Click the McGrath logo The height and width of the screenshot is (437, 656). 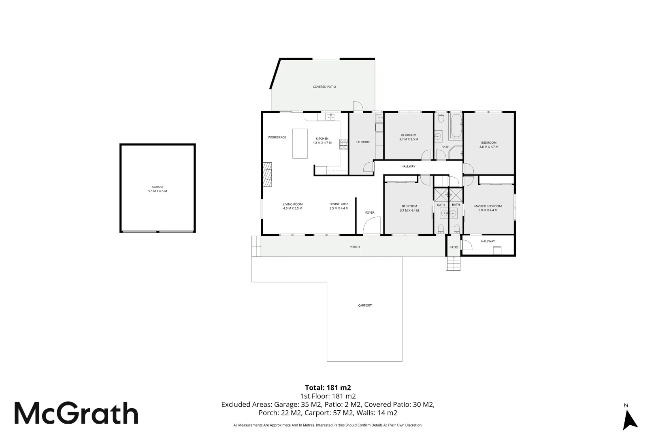(76, 413)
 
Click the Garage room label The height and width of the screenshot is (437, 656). (158, 187)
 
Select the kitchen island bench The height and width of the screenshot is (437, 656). (300, 143)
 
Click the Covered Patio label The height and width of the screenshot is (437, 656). (324, 87)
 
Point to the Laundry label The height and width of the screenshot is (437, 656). (362, 142)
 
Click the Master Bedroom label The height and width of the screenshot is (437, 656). (488, 206)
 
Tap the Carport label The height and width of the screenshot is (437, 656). (364, 305)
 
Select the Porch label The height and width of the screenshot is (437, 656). (354, 247)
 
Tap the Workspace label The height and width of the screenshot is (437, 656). (277, 138)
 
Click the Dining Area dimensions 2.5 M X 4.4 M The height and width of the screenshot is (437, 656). (339, 208)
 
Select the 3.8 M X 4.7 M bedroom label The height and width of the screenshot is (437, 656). (488, 147)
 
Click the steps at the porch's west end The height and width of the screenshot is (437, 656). (256, 246)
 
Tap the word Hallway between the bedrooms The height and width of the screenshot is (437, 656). (408, 166)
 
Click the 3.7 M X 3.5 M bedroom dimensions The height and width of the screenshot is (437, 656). (408, 139)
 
